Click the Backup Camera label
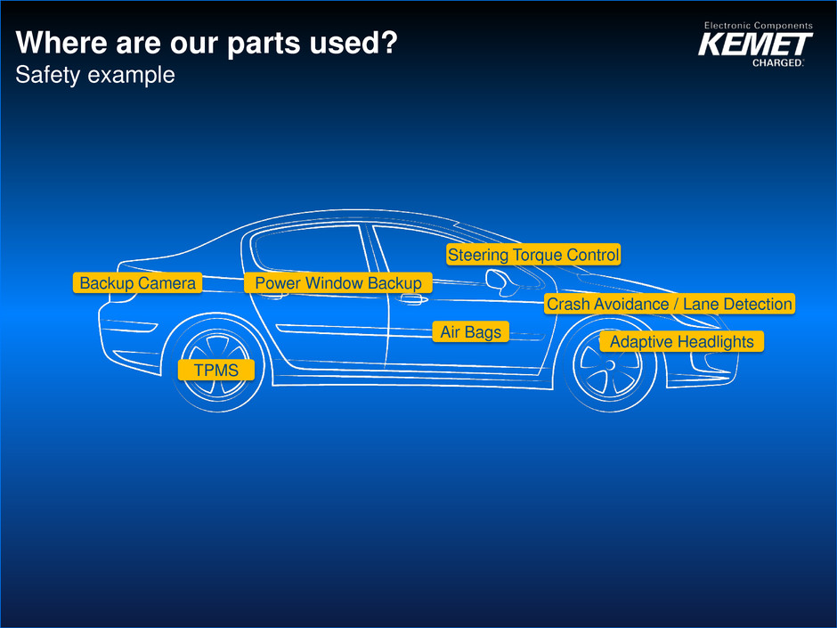click(x=137, y=283)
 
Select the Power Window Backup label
click(x=337, y=283)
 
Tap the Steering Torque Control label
click(x=532, y=256)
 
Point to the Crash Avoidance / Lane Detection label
click(x=669, y=305)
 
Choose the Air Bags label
click(x=471, y=332)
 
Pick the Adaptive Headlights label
click(x=681, y=342)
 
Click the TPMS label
click(x=216, y=370)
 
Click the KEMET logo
click(x=755, y=45)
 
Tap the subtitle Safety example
click(x=95, y=76)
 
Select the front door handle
click(x=411, y=301)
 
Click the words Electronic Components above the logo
click(x=758, y=26)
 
